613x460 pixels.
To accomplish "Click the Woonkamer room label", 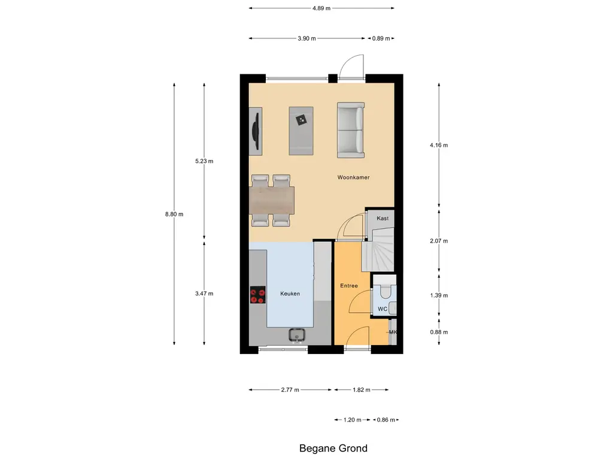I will click(x=353, y=178).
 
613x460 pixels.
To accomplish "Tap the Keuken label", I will click(x=290, y=293).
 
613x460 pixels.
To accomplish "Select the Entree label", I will click(x=348, y=286).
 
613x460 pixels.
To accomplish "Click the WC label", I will click(x=382, y=309).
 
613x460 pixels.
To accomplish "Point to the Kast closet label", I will click(x=383, y=218).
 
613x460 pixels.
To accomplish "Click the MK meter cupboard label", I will click(x=393, y=332).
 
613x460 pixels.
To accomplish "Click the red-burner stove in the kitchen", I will click(x=258, y=294).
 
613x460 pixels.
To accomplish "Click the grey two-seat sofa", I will click(x=350, y=130).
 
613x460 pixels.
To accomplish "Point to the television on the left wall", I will click(x=256, y=129).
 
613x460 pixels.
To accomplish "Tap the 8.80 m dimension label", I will click(x=174, y=214).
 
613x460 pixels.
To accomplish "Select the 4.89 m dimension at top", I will click(x=321, y=8).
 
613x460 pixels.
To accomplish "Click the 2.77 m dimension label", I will click(x=289, y=390).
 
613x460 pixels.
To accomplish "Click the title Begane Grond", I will click(x=333, y=448).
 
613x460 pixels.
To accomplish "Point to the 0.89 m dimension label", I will click(x=381, y=38).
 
